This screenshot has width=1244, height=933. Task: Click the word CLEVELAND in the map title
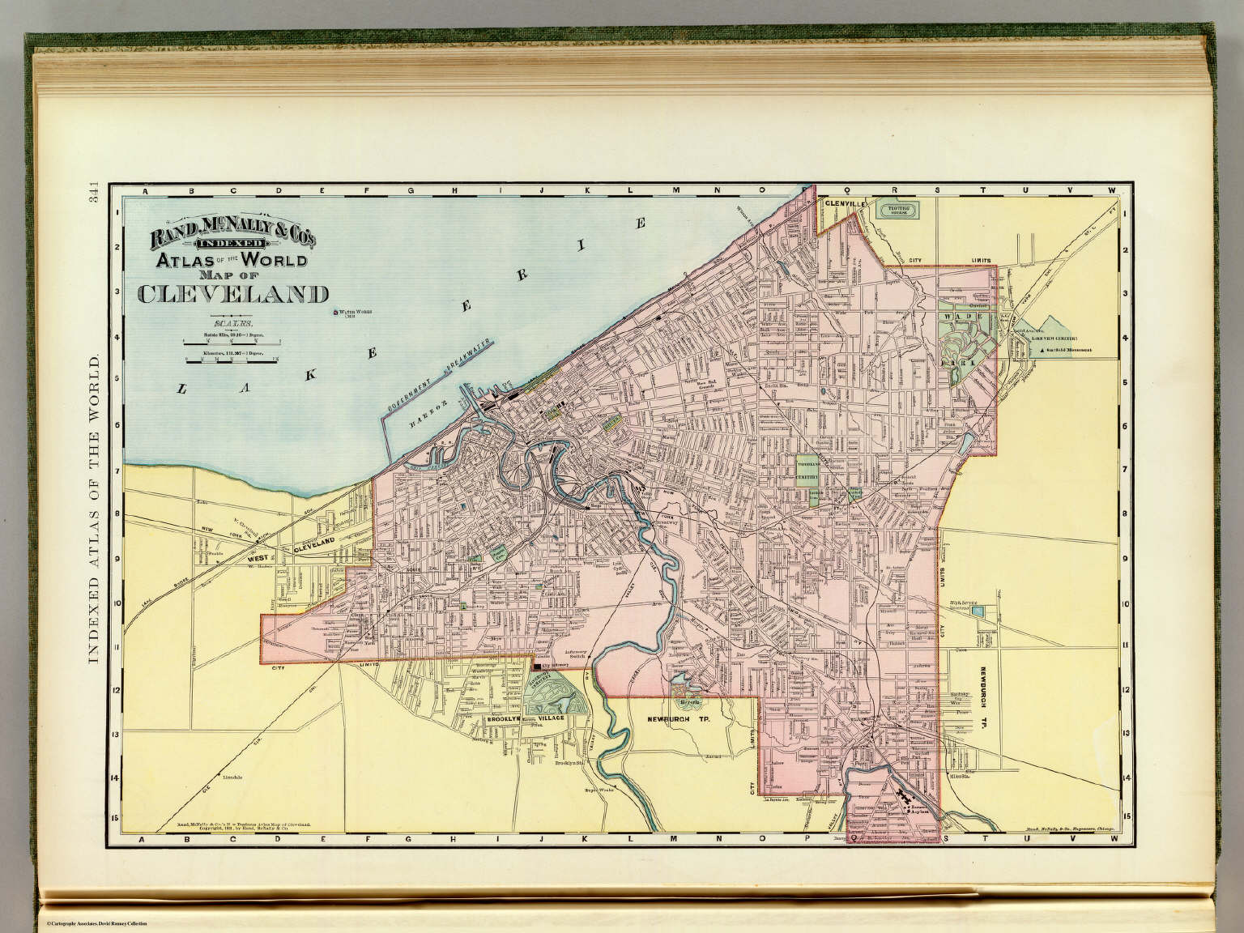tap(233, 294)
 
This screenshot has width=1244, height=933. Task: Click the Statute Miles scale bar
tap(232, 343)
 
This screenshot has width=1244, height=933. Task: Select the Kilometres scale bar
tap(232, 359)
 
